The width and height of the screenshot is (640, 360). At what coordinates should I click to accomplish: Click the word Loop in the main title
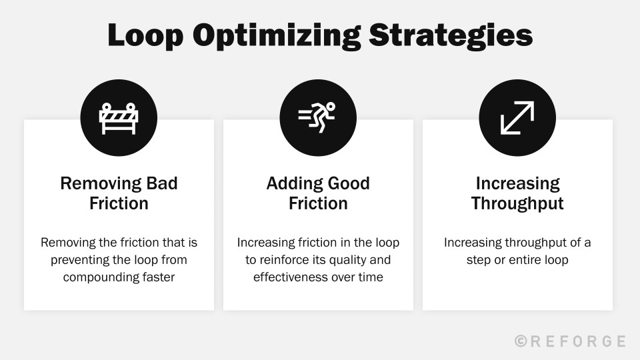[144, 35]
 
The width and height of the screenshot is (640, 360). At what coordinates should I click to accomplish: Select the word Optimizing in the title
[275, 35]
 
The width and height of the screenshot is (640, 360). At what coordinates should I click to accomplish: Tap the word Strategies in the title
[451, 35]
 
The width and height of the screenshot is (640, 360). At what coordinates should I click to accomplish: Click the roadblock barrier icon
[119, 117]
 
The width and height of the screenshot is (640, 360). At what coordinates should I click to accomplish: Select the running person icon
[318, 117]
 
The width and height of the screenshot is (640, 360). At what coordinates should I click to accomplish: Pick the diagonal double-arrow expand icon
[517, 117]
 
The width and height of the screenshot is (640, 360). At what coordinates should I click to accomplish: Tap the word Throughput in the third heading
[517, 203]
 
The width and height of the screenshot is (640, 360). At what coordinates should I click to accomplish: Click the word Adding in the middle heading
[291, 183]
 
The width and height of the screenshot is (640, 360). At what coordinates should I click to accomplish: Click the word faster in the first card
[157, 277]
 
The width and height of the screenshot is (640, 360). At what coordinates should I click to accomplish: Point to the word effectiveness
[291, 277]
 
